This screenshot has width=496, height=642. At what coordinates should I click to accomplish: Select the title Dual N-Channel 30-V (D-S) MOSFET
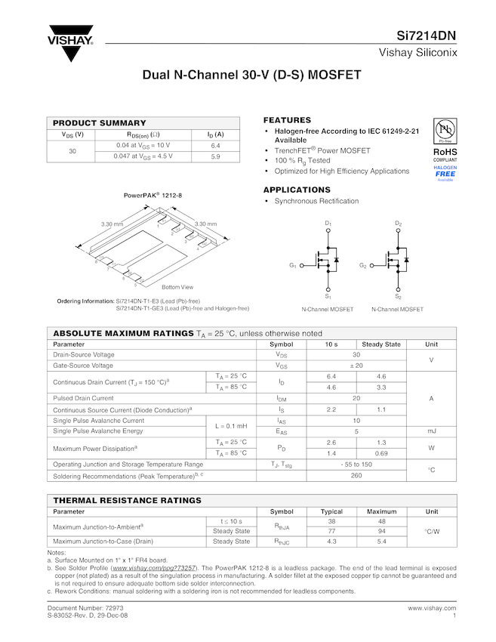(248, 76)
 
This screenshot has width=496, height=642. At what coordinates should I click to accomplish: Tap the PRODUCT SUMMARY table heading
(100, 123)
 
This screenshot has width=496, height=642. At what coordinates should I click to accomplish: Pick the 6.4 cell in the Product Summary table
(215, 145)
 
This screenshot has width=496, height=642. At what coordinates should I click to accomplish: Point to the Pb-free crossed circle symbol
(445, 129)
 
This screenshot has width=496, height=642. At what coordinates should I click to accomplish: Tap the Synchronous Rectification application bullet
(316, 201)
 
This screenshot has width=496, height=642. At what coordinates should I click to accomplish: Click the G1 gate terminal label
(292, 266)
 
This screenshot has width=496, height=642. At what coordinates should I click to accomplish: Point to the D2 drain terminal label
(398, 224)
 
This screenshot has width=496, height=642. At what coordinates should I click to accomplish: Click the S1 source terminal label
(328, 297)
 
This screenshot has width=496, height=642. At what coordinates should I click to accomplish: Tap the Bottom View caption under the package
(177, 287)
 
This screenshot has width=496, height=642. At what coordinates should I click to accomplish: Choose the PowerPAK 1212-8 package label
(153, 196)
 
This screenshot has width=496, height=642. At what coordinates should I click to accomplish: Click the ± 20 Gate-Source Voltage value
(356, 366)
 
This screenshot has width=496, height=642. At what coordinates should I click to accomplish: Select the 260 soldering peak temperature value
(356, 476)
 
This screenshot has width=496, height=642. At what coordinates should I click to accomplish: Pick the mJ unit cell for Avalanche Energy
(432, 431)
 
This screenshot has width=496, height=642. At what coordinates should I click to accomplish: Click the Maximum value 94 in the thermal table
(382, 531)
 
